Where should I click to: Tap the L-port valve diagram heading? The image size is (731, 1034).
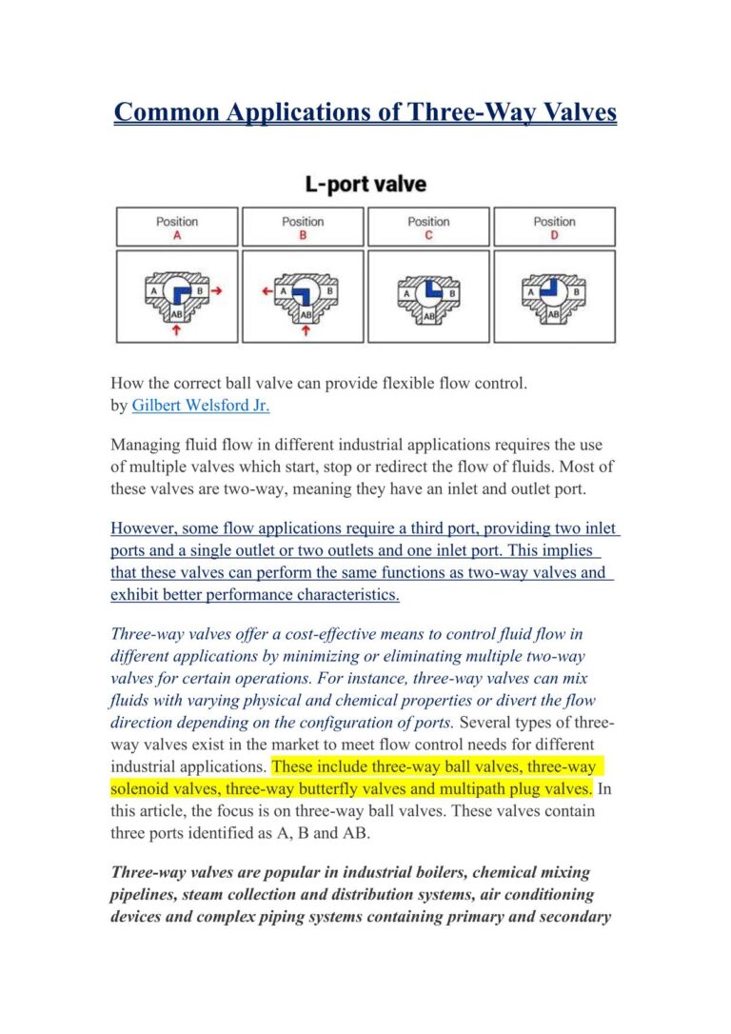[x=365, y=183]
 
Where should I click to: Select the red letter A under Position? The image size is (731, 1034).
[x=177, y=236]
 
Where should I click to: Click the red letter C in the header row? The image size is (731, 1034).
[x=428, y=236]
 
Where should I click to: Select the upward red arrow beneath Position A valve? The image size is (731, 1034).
[x=177, y=331]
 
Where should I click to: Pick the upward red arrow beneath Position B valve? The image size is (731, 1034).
[x=305, y=331]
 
